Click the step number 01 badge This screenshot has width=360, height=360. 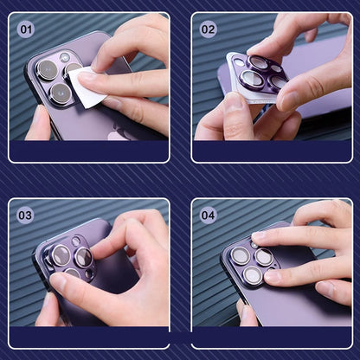coord(26,29)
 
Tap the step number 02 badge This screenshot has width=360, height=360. coord(208,29)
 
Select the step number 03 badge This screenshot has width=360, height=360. coord(25,215)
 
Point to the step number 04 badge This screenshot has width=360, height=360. coord(208,215)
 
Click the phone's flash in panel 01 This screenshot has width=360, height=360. coord(64,57)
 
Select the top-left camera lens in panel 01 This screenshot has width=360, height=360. coord(48,70)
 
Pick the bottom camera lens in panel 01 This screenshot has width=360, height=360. coord(61,93)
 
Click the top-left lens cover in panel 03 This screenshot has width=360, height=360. coord(61,255)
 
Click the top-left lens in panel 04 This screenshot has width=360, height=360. coord(241,255)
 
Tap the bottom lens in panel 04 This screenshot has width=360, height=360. coord(253,275)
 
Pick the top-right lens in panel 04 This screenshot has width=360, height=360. coord(264,257)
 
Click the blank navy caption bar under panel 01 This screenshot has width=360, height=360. coord(89,151)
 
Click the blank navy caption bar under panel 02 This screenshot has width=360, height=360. coord(272,151)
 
